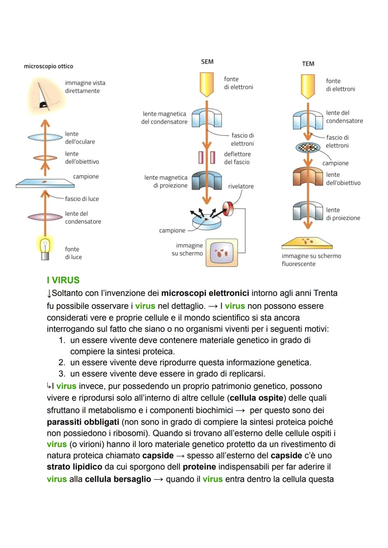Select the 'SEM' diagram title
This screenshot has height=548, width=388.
(207, 62)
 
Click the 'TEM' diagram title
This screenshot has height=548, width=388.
(308, 64)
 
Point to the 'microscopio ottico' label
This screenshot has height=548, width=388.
(48, 66)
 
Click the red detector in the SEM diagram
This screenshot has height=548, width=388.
(228, 207)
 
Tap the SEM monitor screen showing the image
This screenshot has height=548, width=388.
(222, 253)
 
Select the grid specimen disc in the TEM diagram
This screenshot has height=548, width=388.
(308, 147)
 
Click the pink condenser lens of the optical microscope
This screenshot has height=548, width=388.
(45, 217)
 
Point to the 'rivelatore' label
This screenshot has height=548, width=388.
(241, 186)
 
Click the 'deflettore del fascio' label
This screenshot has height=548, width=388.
(237, 158)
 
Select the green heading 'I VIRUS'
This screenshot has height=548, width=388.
(63, 280)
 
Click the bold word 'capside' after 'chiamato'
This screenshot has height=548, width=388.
(158, 455)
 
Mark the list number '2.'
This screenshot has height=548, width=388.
(62, 362)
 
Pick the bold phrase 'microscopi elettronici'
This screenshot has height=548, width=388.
(205, 293)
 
